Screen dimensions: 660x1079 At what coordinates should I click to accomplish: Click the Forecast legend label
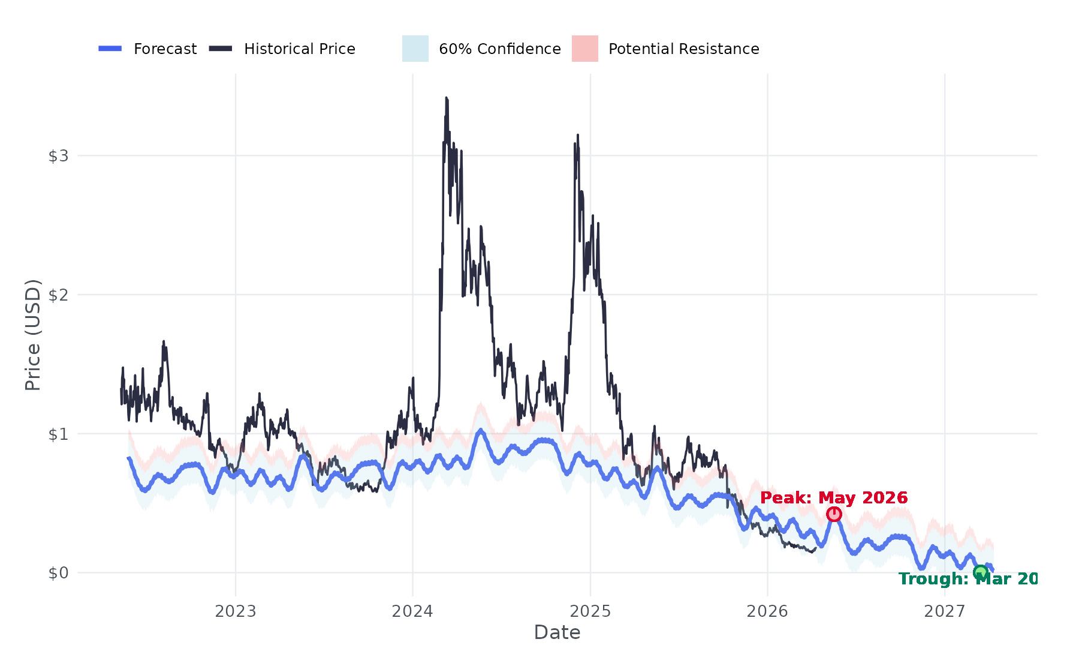point(165,49)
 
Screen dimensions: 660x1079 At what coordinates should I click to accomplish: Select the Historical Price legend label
point(299,49)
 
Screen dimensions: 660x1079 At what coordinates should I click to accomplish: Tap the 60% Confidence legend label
point(499,49)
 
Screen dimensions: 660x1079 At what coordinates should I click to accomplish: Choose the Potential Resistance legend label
point(683,49)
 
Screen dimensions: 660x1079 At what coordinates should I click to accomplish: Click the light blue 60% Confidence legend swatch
point(415,49)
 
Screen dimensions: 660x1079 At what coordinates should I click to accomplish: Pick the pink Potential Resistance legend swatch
point(584,49)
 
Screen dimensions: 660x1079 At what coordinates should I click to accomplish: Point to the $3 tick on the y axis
point(58,156)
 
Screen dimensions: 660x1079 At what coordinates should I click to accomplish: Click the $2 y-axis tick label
point(58,295)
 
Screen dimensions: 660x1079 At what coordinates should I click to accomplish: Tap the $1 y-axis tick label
point(58,434)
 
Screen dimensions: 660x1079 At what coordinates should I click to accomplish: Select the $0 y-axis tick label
point(58,573)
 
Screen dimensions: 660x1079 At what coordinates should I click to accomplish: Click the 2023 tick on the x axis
point(236,611)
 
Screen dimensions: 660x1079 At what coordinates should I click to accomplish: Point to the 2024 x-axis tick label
point(412,611)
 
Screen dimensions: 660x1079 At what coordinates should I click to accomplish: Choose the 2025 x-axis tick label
point(590,611)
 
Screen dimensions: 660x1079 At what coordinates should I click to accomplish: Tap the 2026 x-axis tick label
point(767,611)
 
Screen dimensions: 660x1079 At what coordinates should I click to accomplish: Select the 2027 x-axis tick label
point(945,611)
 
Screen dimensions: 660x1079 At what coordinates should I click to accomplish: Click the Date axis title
point(557,632)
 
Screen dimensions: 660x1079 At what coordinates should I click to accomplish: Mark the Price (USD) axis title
point(33,335)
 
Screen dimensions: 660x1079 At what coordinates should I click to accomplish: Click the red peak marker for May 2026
point(834,514)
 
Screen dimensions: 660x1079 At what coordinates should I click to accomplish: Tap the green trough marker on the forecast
point(980,572)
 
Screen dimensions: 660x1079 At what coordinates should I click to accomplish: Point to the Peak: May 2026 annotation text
point(834,498)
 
